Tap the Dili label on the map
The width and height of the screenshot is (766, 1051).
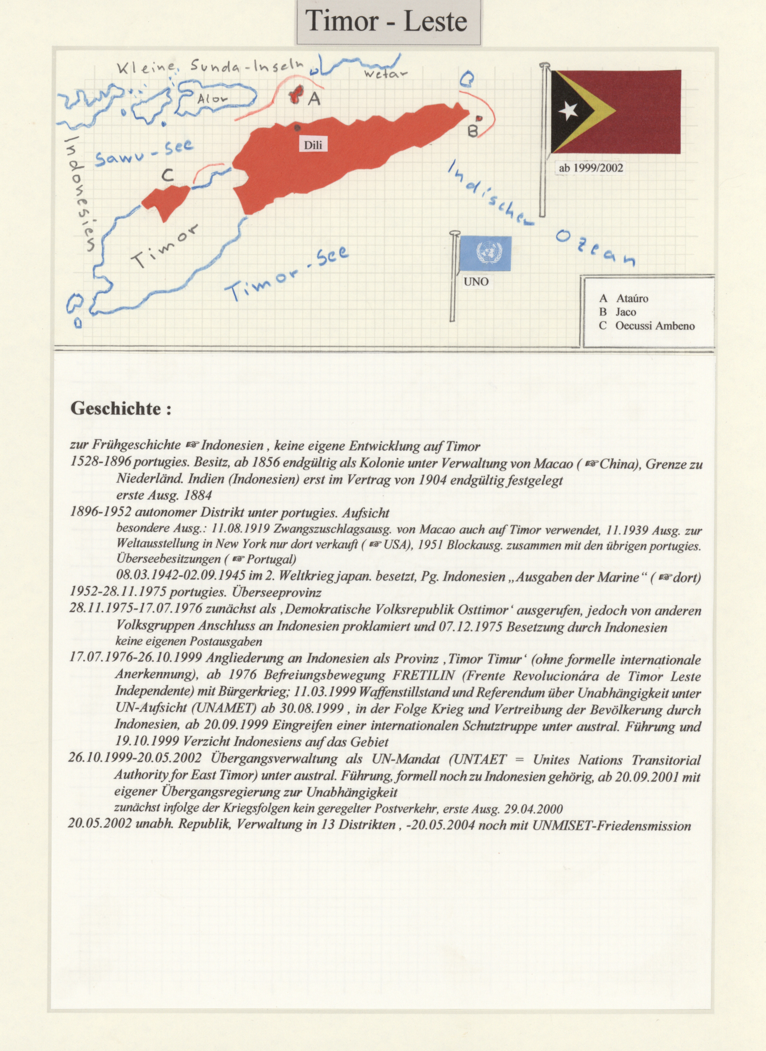[313, 145]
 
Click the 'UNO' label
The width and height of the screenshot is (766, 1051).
[476, 281]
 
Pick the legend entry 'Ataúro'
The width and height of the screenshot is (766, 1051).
[632, 299]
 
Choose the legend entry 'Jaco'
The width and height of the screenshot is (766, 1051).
[626, 312]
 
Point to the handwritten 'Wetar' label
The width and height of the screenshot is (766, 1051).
[385, 74]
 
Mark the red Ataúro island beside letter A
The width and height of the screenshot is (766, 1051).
[295, 95]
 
